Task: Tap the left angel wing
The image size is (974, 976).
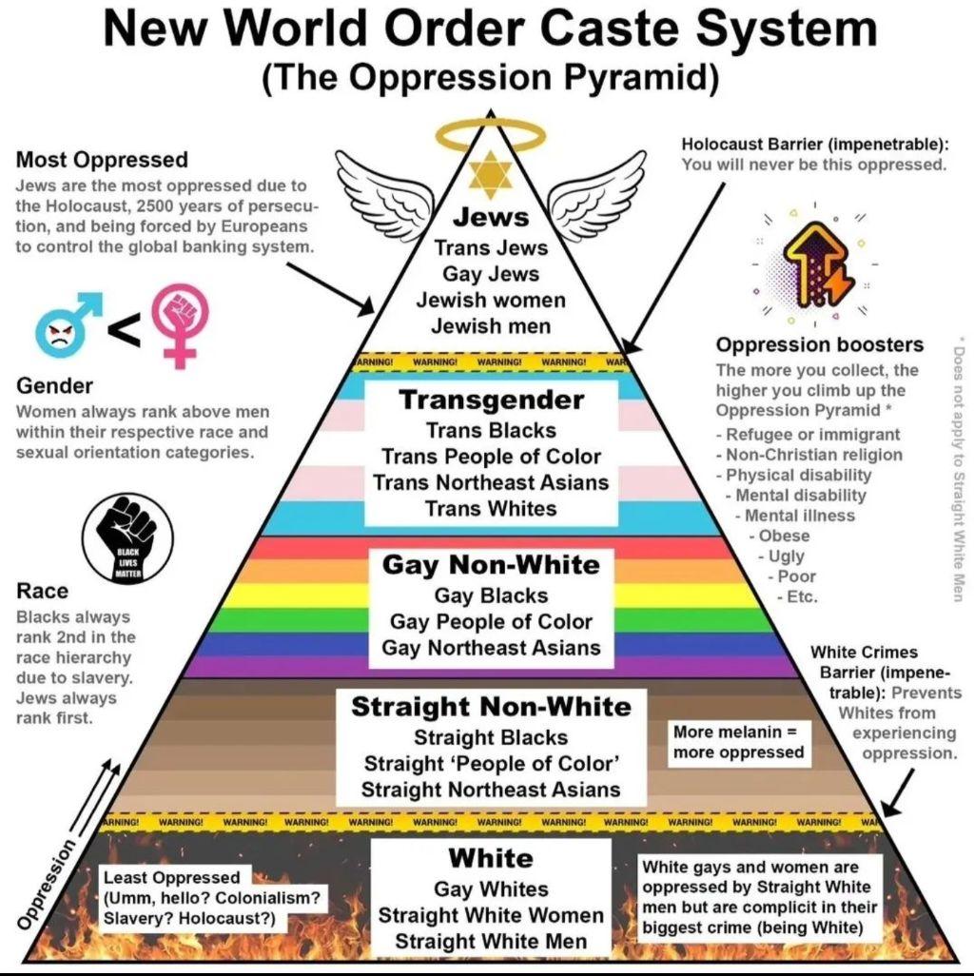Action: [x=376, y=185]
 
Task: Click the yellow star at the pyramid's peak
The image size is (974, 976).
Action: [x=490, y=168]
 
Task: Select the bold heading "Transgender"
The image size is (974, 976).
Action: [x=490, y=400]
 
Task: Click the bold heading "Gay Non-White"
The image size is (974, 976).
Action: [x=491, y=565]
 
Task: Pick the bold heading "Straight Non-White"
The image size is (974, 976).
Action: [x=491, y=707]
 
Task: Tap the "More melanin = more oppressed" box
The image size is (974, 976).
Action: [x=738, y=742]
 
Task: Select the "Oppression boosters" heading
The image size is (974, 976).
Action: [x=819, y=344]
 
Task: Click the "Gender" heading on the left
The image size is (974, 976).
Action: [x=54, y=386]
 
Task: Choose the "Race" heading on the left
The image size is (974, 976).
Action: [x=43, y=592]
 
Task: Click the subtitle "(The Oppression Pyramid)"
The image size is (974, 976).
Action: [x=490, y=78]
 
